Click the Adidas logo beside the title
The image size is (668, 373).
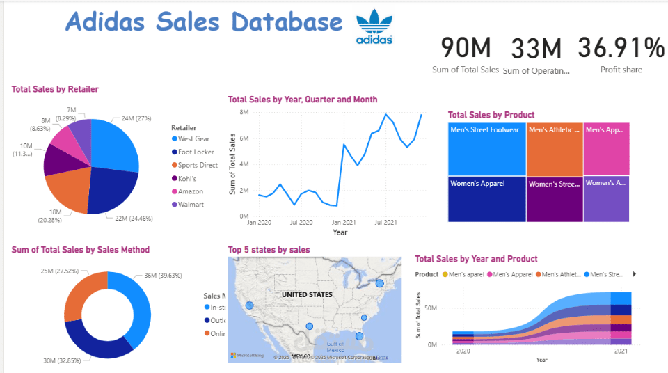[x=374, y=28]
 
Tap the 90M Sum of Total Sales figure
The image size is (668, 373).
[x=466, y=48]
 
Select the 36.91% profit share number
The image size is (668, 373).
[x=621, y=48]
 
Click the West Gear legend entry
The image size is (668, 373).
[x=193, y=139]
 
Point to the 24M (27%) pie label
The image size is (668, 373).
[x=136, y=118]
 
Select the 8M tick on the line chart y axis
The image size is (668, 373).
[x=245, y=112]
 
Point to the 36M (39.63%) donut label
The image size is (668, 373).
[x=159, y=275]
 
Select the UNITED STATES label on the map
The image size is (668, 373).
[x=307, y=294]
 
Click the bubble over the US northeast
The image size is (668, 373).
[x=380, y=283]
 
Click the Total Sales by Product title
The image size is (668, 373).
[x=491, y=115]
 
